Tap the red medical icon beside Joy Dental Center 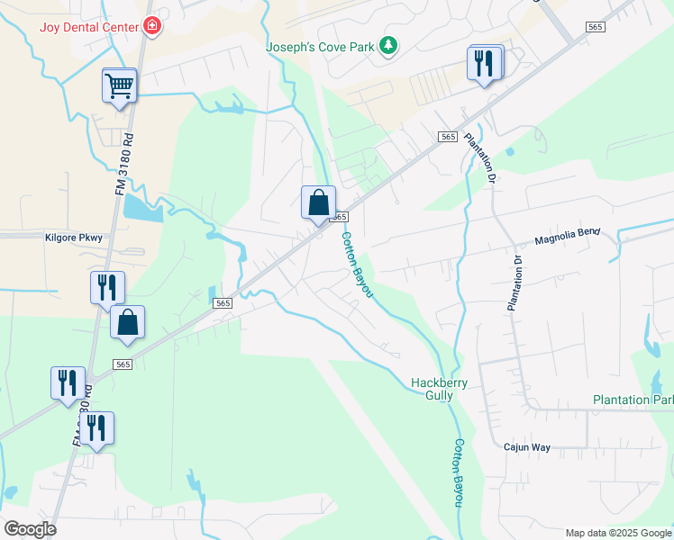[x=152, y=26]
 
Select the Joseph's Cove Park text [x=319, y=46]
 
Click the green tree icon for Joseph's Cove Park [x=388, y=45]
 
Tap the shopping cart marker [x=120, y=86]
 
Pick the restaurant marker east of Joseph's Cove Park [x=485, y=63]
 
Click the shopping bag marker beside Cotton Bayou [x=318, y=202]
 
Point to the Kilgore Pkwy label [x=74, y=238]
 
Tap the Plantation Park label [x=633, y=400]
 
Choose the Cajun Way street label [x=527, y=446]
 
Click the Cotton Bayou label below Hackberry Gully [x=460, y=472]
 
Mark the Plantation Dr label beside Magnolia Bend [x=515, y=283]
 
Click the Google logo [x=30, y=528]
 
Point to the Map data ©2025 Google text [x=617, y=533]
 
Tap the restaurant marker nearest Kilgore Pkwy [x=107, y=288]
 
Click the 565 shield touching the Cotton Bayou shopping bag [x=339, y=217]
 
